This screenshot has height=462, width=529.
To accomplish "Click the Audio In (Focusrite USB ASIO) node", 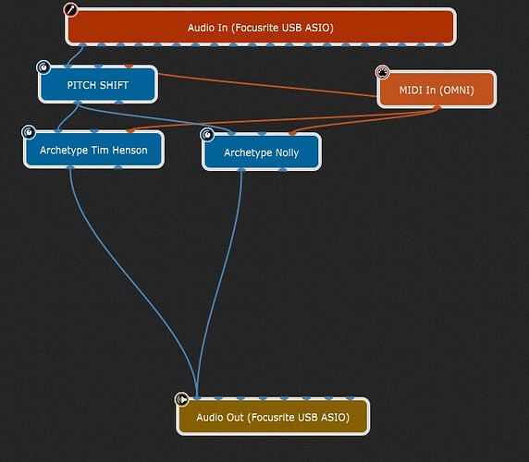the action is point(261,27).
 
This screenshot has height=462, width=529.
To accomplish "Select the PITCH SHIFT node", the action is point(98,84).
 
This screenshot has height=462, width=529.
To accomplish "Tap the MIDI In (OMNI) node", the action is point(437,90).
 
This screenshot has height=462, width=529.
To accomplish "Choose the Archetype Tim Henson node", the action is point(93,150).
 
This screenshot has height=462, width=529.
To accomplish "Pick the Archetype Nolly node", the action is point(262,152).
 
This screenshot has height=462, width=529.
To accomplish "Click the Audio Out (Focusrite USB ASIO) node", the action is point(273,417).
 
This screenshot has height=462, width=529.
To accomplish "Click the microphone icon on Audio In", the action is point(70,10).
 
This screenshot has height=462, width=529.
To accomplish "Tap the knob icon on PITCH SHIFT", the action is point(43,67).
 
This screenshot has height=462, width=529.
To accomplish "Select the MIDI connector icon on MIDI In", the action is point(383,72).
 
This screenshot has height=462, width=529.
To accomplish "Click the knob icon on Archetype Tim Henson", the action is point(29,132).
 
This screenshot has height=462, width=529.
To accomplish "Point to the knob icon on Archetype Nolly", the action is point(207,135).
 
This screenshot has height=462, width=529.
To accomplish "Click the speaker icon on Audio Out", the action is point(182,400).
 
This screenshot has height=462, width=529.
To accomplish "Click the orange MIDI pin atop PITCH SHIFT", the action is point(129,66).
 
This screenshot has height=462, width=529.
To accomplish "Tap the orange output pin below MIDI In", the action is point(437,108).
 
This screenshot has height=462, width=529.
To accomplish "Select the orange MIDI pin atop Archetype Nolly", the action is point(292,133).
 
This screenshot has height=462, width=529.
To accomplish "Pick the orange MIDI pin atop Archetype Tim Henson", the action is point(130,130).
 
